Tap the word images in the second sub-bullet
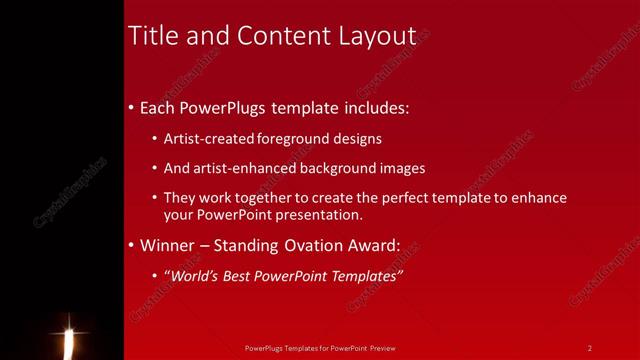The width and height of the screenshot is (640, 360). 403,168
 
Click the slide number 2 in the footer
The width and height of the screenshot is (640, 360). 590,348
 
